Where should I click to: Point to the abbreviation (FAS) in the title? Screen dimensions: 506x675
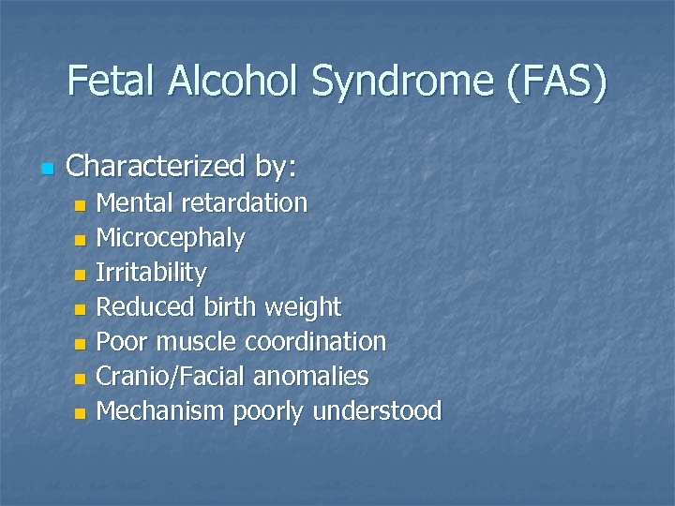pos(556,82)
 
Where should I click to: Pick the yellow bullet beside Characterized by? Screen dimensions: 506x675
pos(46,170)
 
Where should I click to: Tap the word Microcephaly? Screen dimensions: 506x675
pos(172,239)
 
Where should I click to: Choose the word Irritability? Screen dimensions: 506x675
pos(152,274)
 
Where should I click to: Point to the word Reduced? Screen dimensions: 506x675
pos(145,307)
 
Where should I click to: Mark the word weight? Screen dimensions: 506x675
pos(304,307)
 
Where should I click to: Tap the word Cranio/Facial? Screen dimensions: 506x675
pos(175,377)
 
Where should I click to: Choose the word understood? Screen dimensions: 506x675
pos(378,410)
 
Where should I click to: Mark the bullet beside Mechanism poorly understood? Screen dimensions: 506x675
pos(81,412)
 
